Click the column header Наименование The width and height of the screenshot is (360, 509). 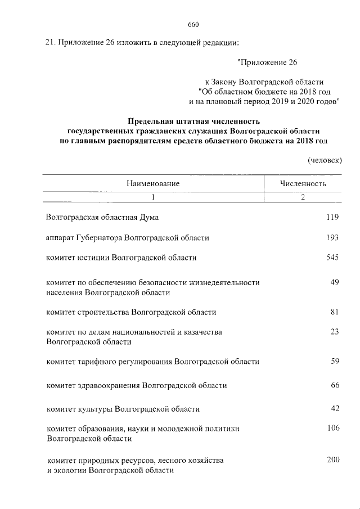153,183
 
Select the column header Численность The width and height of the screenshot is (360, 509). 303,183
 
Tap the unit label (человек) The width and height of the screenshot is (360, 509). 325,160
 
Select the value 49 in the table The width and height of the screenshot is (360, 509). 335,282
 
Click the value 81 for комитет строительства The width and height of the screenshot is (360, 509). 335,312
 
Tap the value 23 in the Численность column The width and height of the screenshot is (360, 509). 335,332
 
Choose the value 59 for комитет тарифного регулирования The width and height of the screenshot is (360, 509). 335,361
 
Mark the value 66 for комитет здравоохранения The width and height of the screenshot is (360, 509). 335,385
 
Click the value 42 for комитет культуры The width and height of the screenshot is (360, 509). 335,408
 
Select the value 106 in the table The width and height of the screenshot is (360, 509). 333,428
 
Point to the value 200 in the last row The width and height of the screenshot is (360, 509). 333,460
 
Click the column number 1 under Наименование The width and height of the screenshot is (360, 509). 152,197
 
